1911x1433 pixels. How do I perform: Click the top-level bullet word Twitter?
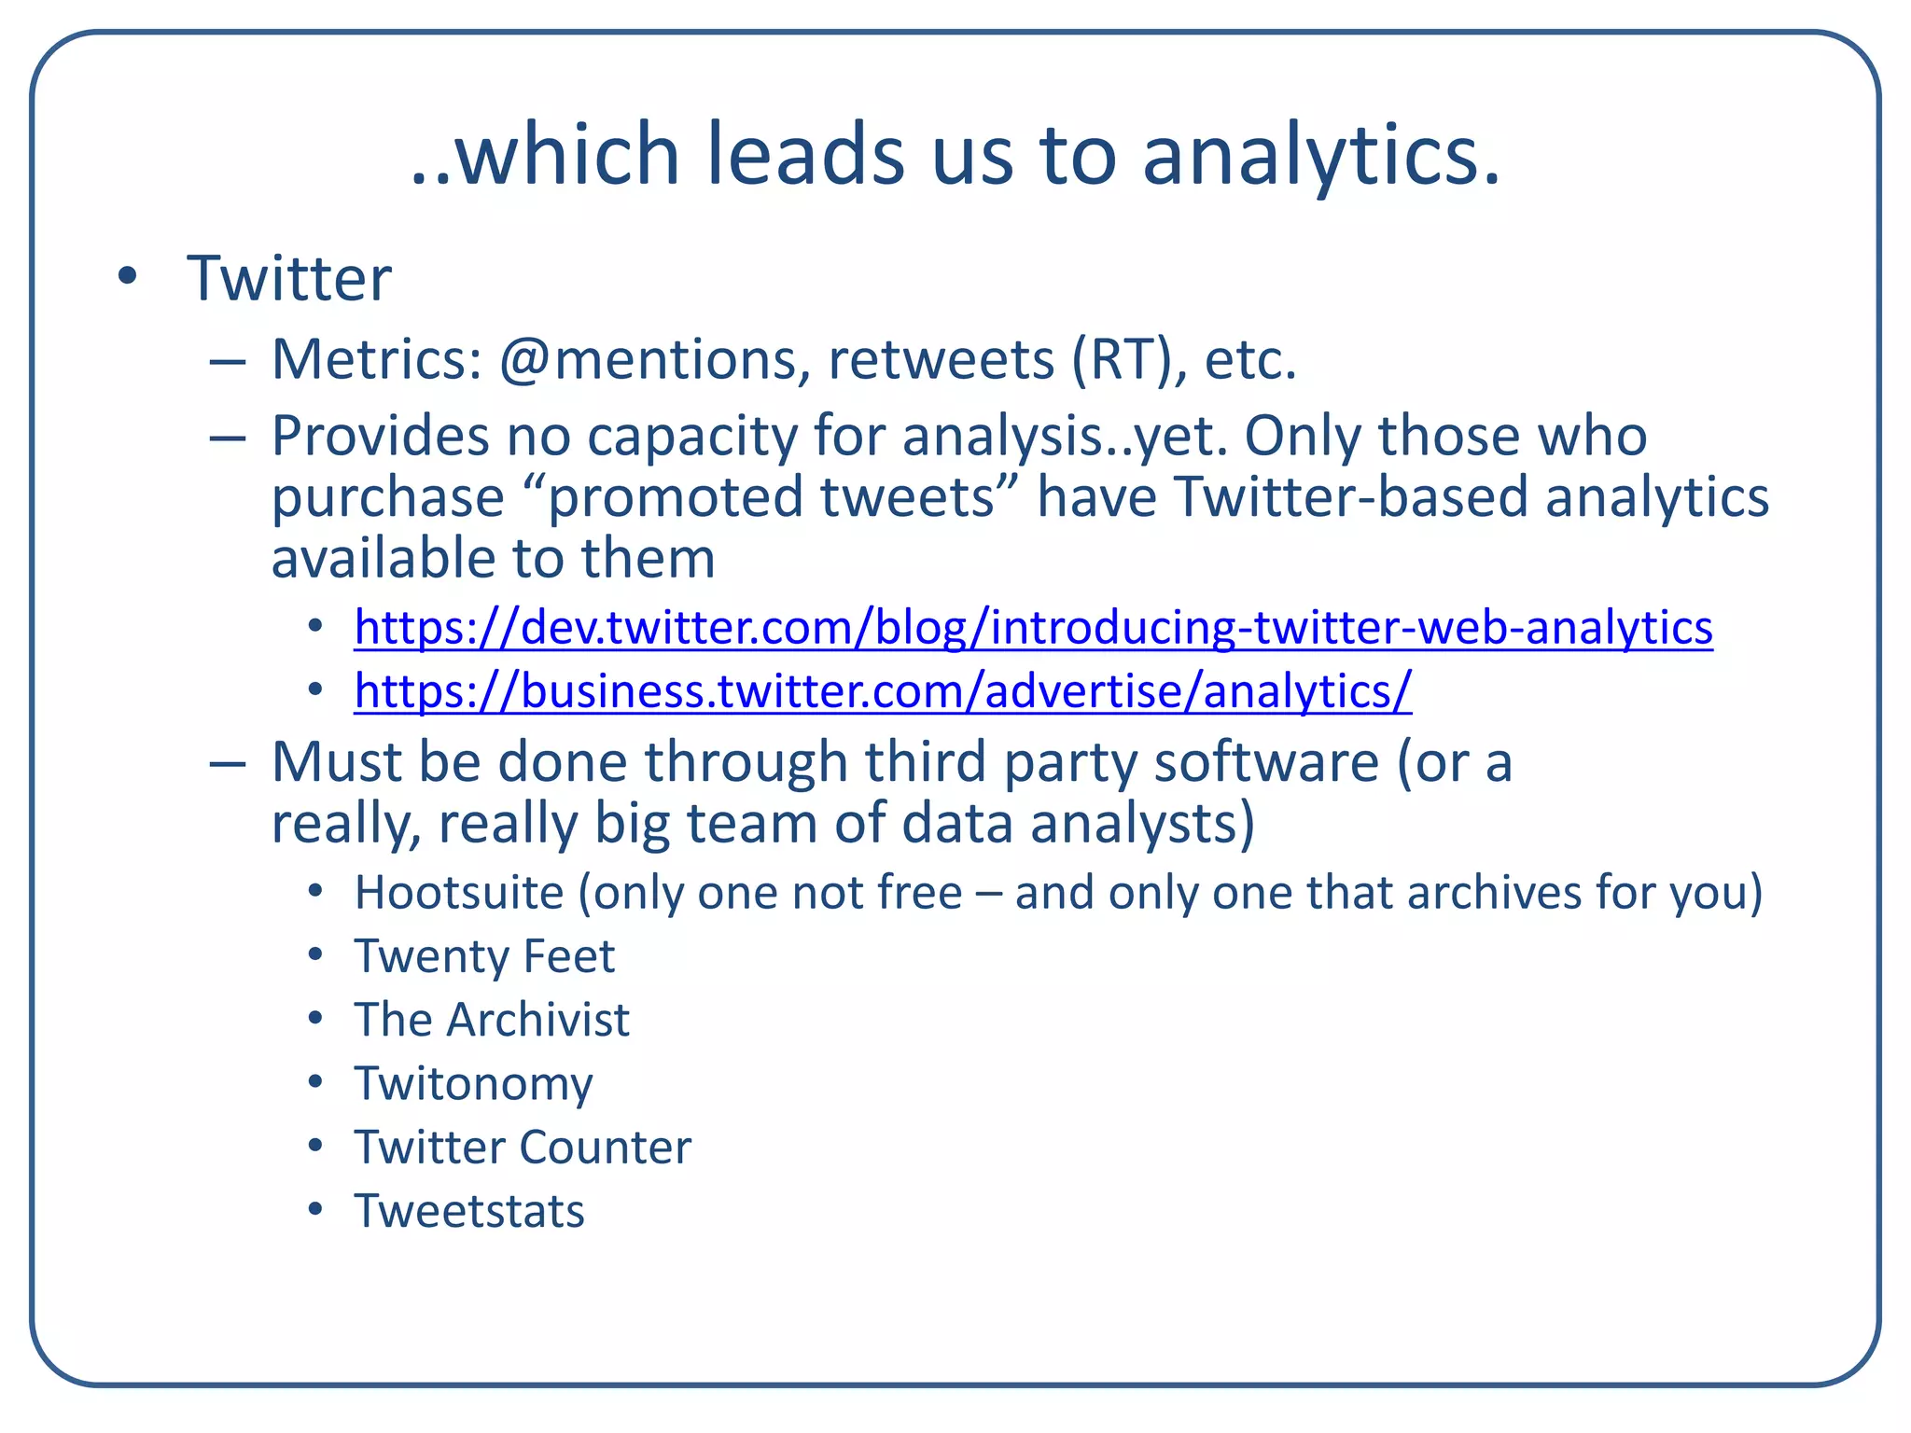tap(289, 279)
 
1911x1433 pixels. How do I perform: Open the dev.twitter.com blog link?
tap(1033, 627)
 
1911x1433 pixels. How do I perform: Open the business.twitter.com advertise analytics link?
tap(883, 691)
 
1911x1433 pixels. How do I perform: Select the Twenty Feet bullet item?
tap(484, 956)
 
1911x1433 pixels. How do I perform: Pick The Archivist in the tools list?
tap(492, 1020)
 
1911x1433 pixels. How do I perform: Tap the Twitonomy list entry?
tap(473, 1084)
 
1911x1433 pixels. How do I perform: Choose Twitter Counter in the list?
tap(523, 1148)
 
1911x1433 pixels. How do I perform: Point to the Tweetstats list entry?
tap(469, 1211)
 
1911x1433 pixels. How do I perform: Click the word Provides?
tap(380, 437)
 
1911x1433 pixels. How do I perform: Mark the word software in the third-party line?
tap(1266, 762)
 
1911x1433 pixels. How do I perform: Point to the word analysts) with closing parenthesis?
tap(1142, 824)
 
